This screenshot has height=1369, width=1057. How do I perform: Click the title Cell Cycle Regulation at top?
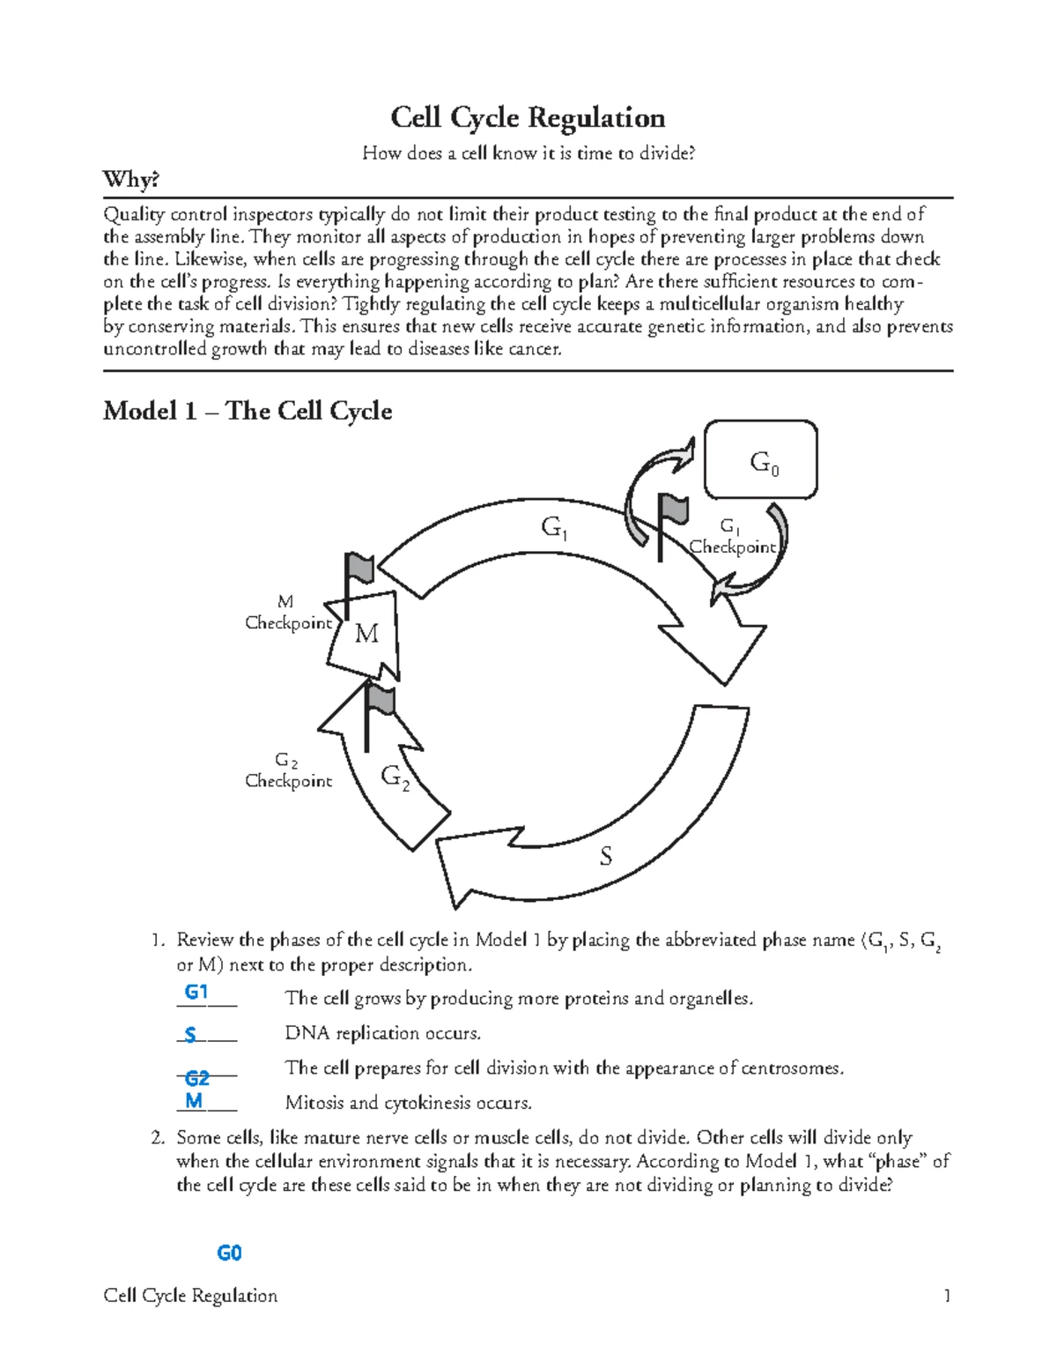528,117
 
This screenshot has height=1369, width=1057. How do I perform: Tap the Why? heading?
131,180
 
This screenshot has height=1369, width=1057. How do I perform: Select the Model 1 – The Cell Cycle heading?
248,411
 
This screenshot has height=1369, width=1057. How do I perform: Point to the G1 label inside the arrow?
554,528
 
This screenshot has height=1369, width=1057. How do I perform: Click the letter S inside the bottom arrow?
606,855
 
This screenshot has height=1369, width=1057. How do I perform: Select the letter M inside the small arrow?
366,633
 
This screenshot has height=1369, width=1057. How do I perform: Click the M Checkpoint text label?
288,613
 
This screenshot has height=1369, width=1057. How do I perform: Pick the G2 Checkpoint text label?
288,770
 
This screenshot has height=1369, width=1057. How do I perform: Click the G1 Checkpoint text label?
732,537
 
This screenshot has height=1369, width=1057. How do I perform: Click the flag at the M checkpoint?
359,569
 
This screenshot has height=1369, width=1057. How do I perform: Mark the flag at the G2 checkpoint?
380,701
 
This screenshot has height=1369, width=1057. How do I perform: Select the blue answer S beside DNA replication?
190,1035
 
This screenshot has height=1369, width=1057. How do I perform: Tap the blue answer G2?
197,1077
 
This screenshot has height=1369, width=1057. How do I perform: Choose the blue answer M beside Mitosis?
195,1100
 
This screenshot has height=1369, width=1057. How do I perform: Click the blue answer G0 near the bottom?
229,1253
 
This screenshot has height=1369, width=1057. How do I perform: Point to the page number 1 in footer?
947,1296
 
